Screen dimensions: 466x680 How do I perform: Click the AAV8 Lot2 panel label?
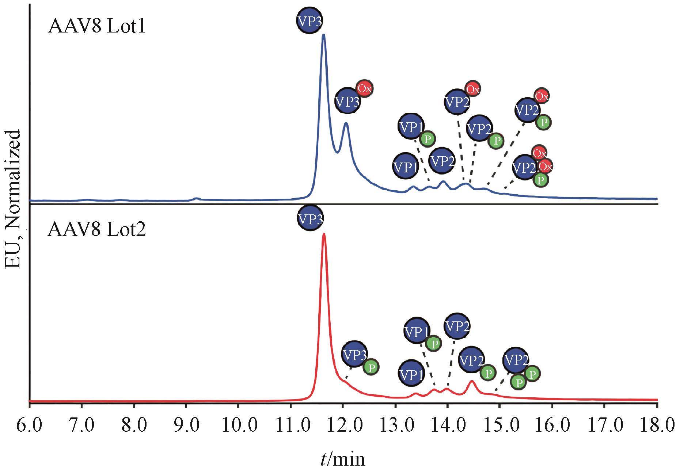coord(96,230)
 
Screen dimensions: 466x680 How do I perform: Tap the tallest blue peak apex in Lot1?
coord(323,35)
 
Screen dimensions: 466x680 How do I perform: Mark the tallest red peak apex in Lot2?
coord(324,234)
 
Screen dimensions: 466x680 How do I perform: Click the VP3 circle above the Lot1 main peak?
coord(309,21)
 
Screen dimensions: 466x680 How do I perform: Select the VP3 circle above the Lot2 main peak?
coord(310,218)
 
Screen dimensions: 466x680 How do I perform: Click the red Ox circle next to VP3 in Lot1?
coord(364,88)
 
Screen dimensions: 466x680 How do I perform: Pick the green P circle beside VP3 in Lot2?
coord(371,367)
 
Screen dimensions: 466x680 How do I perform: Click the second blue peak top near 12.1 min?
coord(346,123)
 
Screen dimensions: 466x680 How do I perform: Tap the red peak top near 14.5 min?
coord(472,381)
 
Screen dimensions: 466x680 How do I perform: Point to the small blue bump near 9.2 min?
coord(197,198)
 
